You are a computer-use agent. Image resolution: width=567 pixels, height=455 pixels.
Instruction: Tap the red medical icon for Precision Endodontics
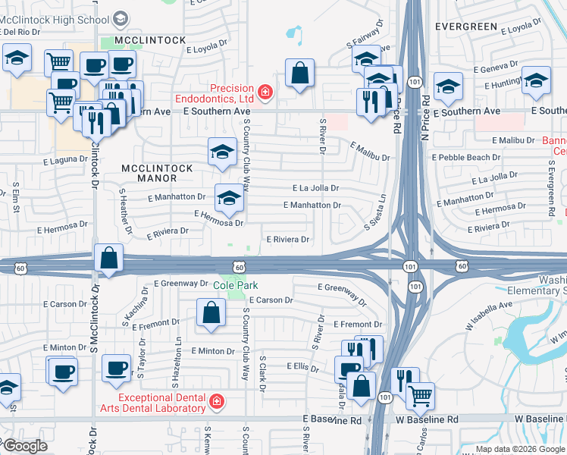click(x=265, y=93)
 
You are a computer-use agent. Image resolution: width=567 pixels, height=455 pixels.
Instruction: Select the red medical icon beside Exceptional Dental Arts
click(x=216, y=400)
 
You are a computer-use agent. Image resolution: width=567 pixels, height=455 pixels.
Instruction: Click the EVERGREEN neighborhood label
click(x=466, y=27)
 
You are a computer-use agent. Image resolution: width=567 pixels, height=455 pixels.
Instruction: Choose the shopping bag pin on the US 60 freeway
click(x=109, y=258)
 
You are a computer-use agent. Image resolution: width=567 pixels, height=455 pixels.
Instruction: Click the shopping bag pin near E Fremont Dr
click(x=211, y=312)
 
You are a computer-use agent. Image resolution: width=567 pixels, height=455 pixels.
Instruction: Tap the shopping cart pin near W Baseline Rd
click(x=420, y=395)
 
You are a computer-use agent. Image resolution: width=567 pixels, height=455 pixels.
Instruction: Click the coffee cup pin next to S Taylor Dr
click(x=117, y=369)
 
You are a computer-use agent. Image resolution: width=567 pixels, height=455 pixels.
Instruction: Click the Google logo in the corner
click(x=24, y=446)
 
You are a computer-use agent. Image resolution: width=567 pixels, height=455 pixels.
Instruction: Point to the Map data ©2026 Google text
click(x=519, y=449)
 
